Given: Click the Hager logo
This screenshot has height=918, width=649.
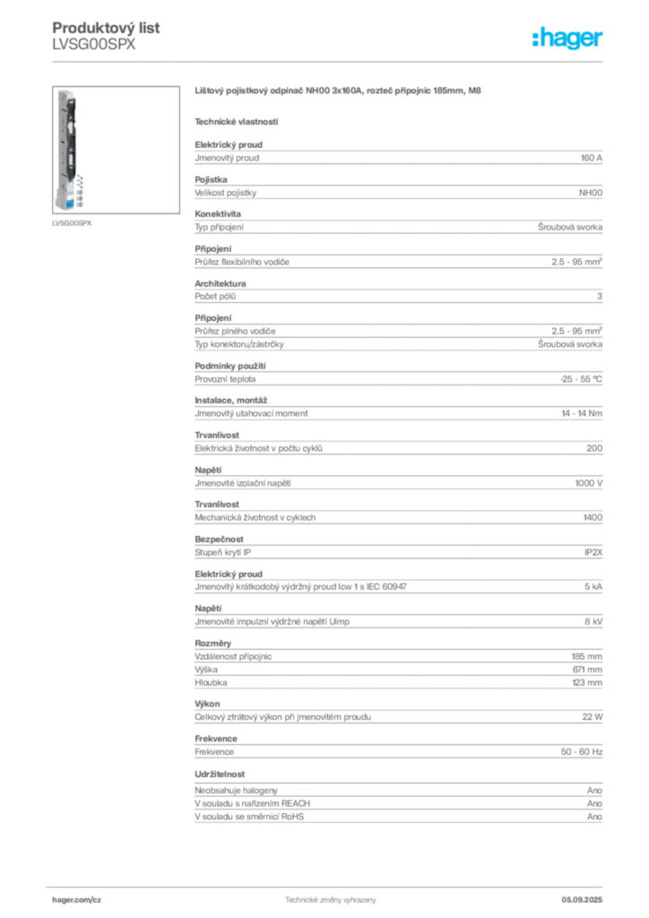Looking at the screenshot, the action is point(567,38).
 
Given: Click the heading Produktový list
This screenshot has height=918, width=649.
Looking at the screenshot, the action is point(106,28).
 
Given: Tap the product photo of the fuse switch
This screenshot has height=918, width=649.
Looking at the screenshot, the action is point(116,150).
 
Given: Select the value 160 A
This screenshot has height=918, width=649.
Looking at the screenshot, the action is point(591,158).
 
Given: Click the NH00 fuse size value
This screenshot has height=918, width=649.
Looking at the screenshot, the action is point(591,193).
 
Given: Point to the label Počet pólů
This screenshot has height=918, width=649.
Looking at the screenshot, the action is point(215,296).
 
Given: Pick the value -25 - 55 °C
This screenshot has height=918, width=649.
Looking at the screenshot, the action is point(581,379).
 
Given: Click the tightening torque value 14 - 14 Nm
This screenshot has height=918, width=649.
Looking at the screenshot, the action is point(582,413).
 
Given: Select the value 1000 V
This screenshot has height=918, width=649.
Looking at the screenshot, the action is point(589,483).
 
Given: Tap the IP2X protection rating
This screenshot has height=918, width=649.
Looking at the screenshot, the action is point(593,552).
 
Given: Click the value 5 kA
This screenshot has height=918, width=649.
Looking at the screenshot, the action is point(593,586).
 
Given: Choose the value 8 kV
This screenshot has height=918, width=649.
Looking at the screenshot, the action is point(593,622).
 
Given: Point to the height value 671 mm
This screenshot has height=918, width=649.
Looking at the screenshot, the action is point(587,669).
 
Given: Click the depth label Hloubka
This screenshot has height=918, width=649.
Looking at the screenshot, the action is point(211,682).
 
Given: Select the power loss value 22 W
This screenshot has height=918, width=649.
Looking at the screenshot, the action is point(593,716).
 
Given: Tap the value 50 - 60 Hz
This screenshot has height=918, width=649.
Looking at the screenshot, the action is point(581,752).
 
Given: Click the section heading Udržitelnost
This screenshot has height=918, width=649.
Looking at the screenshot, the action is point(220,774).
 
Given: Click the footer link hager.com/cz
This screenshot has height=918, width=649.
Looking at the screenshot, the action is point(77,900).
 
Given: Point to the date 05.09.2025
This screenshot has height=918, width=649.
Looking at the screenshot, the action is point(582,900).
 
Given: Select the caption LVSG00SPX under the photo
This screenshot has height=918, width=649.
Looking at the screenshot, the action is point(72,223).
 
